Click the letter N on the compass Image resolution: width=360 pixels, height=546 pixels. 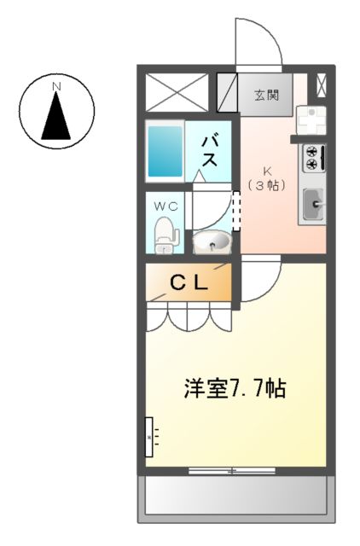tap(56, 86)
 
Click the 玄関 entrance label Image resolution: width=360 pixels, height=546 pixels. tap(265, 95)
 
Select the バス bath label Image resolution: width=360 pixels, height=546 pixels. tap(209, 151)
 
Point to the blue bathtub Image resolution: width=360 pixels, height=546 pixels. tap(165, 151)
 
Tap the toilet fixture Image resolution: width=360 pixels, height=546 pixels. tap(165, 234)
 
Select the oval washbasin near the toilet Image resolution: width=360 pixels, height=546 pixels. tap(211, 244)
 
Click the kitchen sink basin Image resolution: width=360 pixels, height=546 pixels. tap(312, 204)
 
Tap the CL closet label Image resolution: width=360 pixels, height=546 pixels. tap(188, 285)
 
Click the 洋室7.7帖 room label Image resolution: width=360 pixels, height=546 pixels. tap(235, 389)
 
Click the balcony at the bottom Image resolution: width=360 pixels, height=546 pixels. tap(235, 494)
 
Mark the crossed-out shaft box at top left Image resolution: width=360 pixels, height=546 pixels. tap(177, 92)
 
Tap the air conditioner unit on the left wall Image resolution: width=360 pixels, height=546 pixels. tap(149, 438)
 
